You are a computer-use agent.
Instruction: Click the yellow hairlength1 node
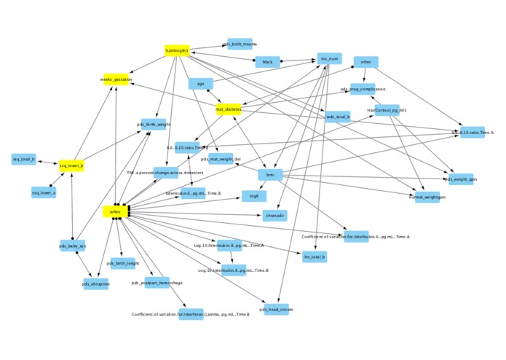[177, 51]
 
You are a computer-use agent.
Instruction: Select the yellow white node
[115, 212]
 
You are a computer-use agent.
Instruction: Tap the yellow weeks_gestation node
[116, 79]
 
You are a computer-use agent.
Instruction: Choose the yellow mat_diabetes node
[228, 109]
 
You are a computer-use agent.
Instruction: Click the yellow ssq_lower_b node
[71, 166]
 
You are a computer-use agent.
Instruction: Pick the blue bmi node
[270, 175]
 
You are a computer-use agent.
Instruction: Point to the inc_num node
[329, 58]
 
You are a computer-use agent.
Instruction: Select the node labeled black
[267, 62]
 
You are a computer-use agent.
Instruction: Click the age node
[200, 84]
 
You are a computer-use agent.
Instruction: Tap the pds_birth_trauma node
[240, 44]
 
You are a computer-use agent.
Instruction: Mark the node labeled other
[365, 62]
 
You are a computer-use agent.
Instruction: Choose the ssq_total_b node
[24, 159]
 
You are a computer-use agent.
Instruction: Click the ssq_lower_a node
[43, 192]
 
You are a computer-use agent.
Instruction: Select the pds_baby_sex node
[72, 246]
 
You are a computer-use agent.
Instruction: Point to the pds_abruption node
[95, 284]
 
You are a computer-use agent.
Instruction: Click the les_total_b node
[315, 256]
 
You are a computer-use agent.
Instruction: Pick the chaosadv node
[274, 215]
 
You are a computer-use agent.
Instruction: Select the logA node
[254, 196]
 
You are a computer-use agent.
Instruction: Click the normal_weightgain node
[427, 197]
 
